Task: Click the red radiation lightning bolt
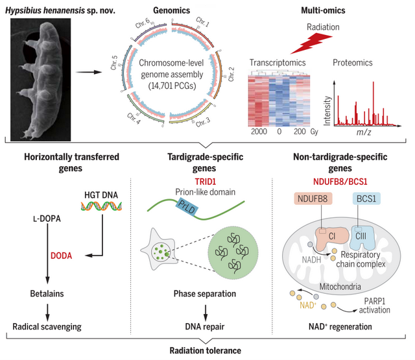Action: coord(311,44)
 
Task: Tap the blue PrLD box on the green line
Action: coord(187,206)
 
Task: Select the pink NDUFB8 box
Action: coord(313,198)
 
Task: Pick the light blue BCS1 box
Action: coord(366,198)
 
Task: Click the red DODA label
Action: coord(62,256)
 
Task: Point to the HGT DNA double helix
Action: coord(101,206)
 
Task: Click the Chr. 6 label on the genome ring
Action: coord(143,23)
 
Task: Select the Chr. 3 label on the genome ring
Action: coord(203,122)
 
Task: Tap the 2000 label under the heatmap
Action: coord(259,131)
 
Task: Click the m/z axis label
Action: coord(363,132)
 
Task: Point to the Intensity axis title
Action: coord(327,111)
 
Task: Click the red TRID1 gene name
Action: coord(206,182)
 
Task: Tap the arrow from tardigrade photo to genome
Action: coord(89,72)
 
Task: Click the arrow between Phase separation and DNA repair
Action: coord(206,313)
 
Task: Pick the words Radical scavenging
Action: coord(47,327)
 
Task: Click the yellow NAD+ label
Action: coord(308,306)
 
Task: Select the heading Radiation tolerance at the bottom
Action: coord(206,350)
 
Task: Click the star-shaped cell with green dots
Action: coord(160,250)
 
